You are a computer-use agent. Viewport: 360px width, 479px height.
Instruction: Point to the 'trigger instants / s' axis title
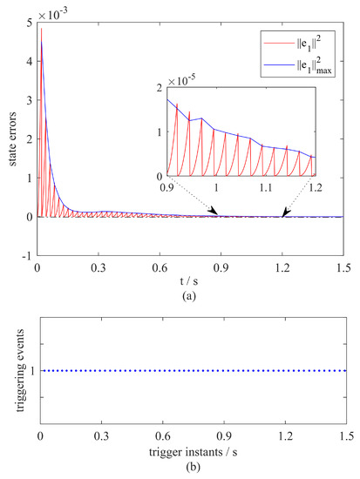(193, 455)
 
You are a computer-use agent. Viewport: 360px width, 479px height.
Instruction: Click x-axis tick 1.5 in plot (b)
(345, 441)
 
